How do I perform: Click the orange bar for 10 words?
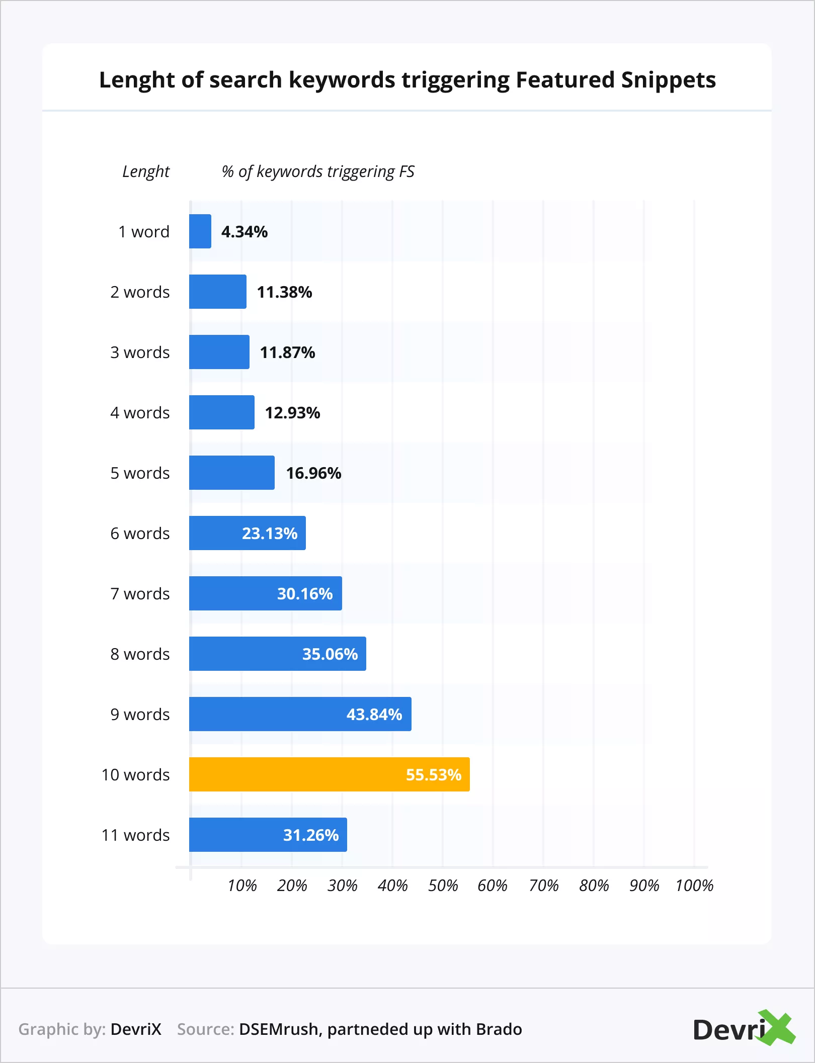(330, 774)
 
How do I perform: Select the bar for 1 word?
(200, 231)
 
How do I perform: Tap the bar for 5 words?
(232, 473)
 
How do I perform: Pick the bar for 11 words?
(268, 835)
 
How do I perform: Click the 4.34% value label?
(244, 232)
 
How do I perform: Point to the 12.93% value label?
(292, 413)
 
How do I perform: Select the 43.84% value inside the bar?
(374, 715)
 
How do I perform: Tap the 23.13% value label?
(270, 534)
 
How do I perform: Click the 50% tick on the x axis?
(443, 885)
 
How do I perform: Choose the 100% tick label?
(694, 885)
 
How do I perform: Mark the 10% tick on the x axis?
(242, 885)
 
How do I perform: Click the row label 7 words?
(140, 594)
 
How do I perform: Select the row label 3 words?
(140, 352)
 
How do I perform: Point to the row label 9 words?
(140, 715)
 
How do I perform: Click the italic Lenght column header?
(146, 172)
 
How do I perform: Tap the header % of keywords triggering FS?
(318, 172)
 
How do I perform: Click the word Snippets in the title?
(668, 80)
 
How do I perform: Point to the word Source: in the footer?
(206, 1029)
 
